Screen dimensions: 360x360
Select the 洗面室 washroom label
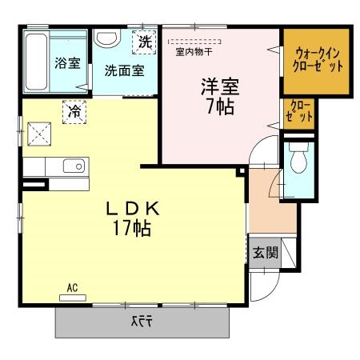coord(124,70)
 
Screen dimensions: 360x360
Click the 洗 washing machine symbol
coord(144,40)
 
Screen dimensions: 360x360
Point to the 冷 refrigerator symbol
coord(74,113)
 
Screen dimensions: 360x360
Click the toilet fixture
coord(300,160)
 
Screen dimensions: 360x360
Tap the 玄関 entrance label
coord(265,254)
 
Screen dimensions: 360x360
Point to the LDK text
coord(134,209)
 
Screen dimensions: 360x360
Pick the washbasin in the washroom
coord(107,39)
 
